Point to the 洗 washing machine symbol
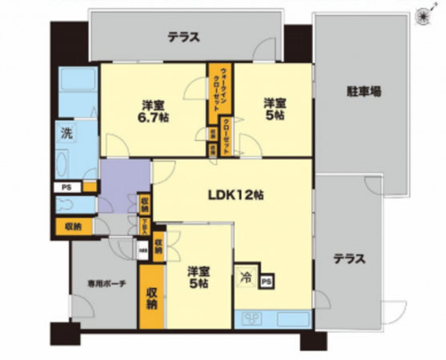tap(66, 134)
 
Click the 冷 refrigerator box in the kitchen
tap(245, 279)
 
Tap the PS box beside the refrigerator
tap(267, 282)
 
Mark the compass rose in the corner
tap(422, 11)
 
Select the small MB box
tap(144, 250)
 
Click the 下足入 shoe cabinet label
tap(145, 226)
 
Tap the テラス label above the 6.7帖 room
tap(183, 37)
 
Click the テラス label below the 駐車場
tap(349, 258)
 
